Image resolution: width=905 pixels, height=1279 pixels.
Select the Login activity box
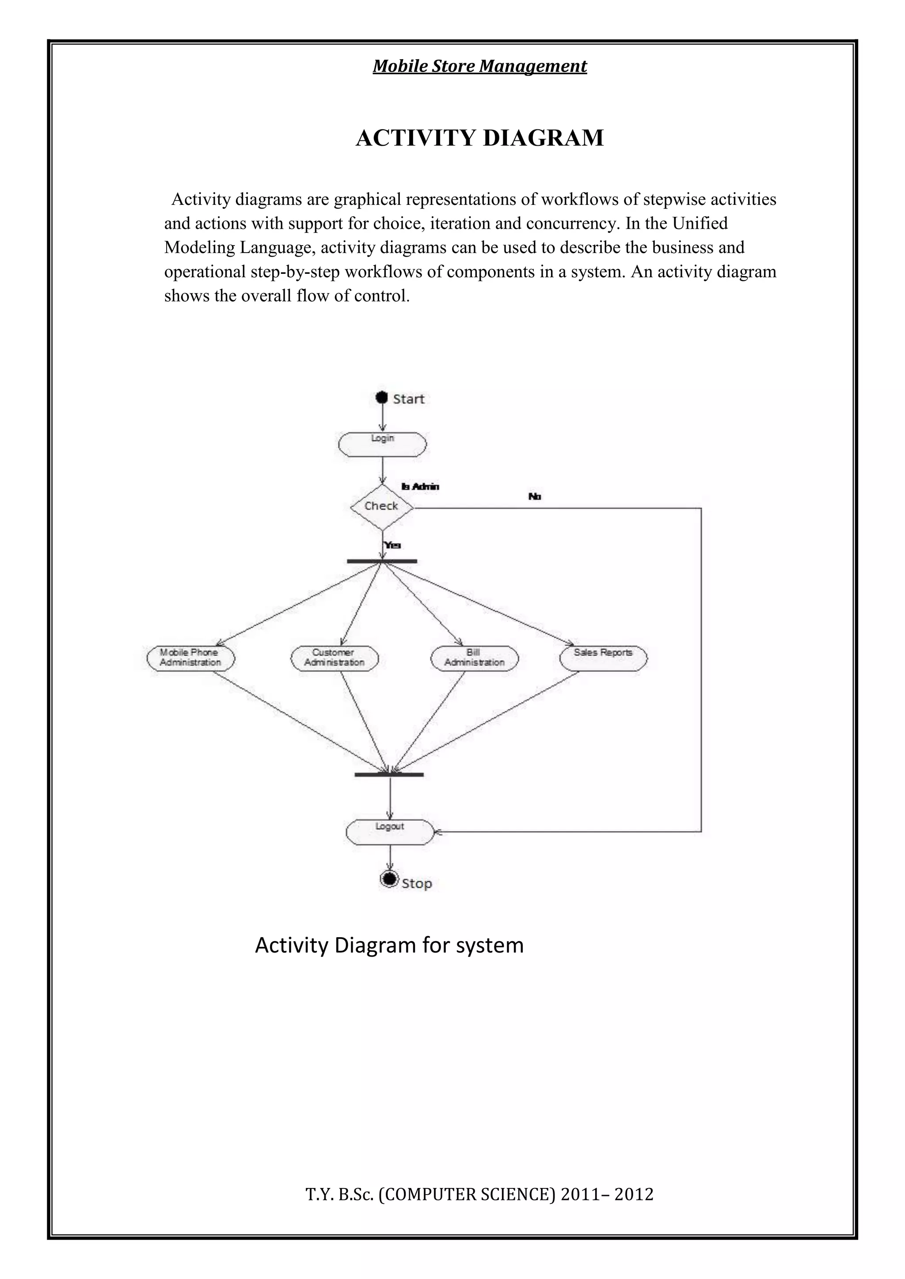point(382,445)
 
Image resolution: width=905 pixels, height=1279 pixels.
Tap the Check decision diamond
point(382,507)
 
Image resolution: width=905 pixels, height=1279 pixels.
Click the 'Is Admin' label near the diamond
point(420,486)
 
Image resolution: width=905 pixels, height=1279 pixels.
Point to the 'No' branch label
point(534,496)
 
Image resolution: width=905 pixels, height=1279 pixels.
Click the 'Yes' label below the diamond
point(392,545)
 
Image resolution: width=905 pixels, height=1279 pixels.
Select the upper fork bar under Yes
point(382,561)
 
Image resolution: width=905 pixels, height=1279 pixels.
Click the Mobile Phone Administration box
point(190,658)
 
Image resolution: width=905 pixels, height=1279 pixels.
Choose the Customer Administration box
point(335,658)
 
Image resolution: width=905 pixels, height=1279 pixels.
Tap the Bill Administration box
point(474,658)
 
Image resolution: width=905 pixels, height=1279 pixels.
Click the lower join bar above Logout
point(389,774)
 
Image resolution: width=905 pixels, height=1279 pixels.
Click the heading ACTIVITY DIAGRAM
point(479,138)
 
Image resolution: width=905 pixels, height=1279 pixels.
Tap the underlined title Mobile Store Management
point(479,66)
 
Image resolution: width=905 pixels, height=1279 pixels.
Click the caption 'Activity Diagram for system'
point(389,945)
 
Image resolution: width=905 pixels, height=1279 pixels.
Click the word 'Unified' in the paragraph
point(700,223)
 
